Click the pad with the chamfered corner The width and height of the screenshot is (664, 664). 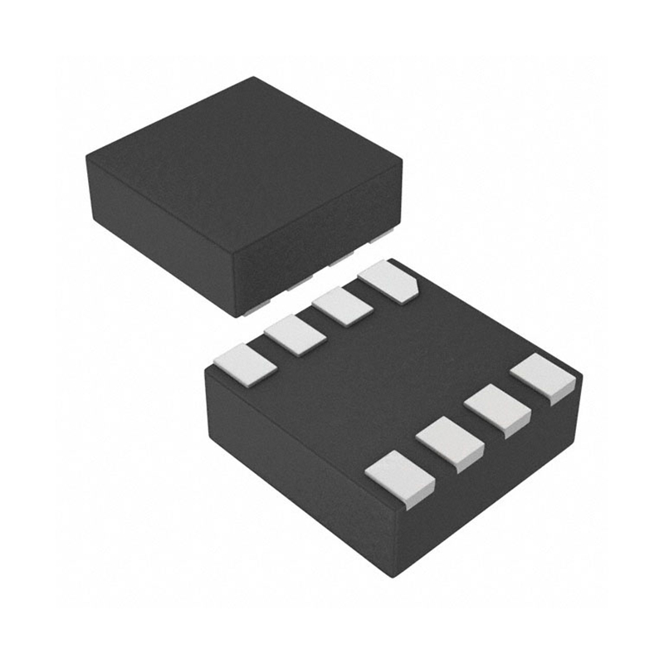(x=389, y=280)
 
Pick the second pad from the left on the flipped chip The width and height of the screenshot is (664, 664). (x=295, y=334)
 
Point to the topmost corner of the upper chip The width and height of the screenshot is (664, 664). (x=253, y=78)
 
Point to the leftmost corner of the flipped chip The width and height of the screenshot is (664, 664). (x=206, y=372)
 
